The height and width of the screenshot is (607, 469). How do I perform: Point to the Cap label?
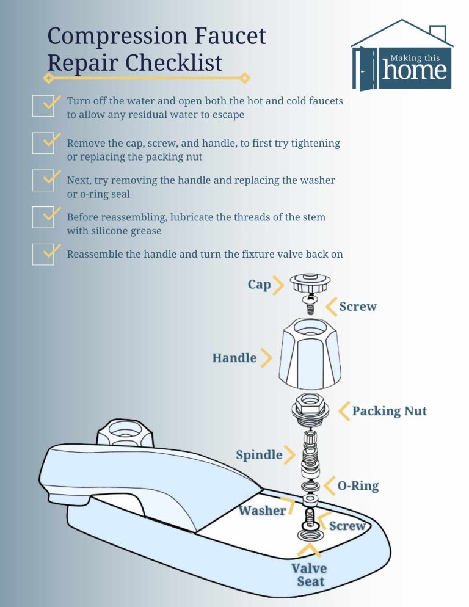[x=259, y=285]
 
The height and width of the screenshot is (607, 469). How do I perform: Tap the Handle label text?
[x=234, y=358]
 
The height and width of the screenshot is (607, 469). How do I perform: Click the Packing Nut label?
[x=389, y=411]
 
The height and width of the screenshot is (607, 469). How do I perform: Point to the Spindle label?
[x=259, y=455]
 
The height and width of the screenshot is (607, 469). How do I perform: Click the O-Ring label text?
[x=358, y=486]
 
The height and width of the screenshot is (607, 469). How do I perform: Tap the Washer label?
[x=262, y=511]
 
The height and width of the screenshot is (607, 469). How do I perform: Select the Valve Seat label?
[x=310, y=575]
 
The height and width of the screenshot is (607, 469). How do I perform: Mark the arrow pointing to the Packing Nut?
[x=343, y=410]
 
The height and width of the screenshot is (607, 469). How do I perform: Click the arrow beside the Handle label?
[x=266, y=358]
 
